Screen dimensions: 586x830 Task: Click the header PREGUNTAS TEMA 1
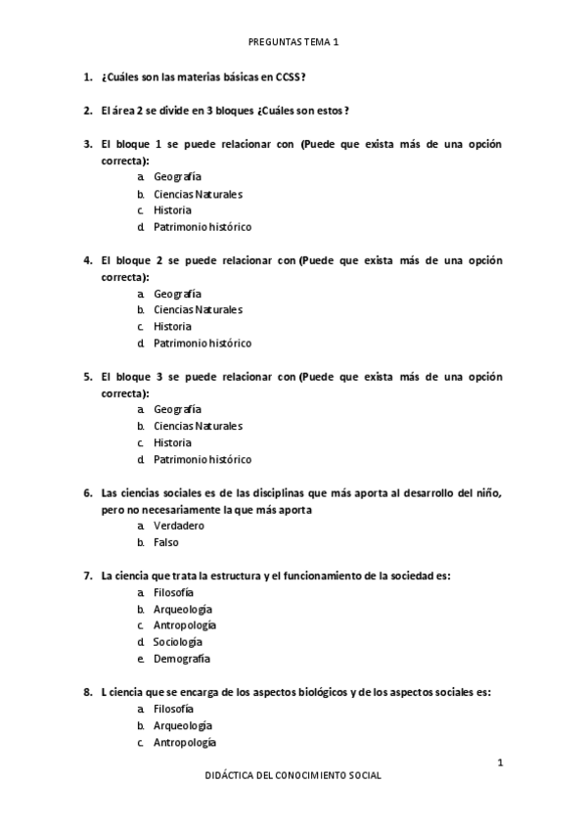(x=293, y=42)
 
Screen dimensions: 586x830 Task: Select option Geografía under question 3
(x=177, y=177)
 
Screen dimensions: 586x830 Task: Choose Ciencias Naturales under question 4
(x=198, y=310)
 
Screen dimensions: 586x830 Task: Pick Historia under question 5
(x=172, y=442)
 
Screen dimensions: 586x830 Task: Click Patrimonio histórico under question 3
(x=203, y=227)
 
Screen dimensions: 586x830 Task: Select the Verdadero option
(x=178, y=526)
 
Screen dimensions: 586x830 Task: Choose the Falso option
(x=166, y=542)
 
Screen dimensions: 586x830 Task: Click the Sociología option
(x=178, y=642)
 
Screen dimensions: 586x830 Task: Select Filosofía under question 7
(x=174, y=593)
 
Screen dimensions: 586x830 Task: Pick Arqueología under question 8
(x=183, y=726)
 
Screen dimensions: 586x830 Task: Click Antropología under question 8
(x=185, y=743)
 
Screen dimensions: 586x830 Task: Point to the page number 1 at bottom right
(x=500, y=761)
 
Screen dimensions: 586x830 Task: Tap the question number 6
(x=87, y=492)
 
